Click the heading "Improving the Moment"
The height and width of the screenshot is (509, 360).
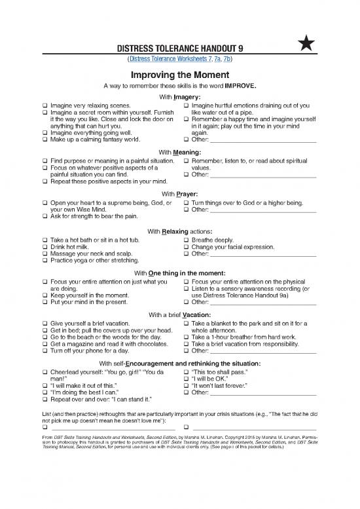click(179, 74)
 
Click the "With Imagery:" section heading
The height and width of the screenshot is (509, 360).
click(179, 97)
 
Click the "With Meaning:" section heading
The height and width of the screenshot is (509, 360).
click(179, 152)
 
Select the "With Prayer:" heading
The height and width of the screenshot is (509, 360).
click(179, 194)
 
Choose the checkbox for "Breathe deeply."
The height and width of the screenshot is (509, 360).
click(187, 240)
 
